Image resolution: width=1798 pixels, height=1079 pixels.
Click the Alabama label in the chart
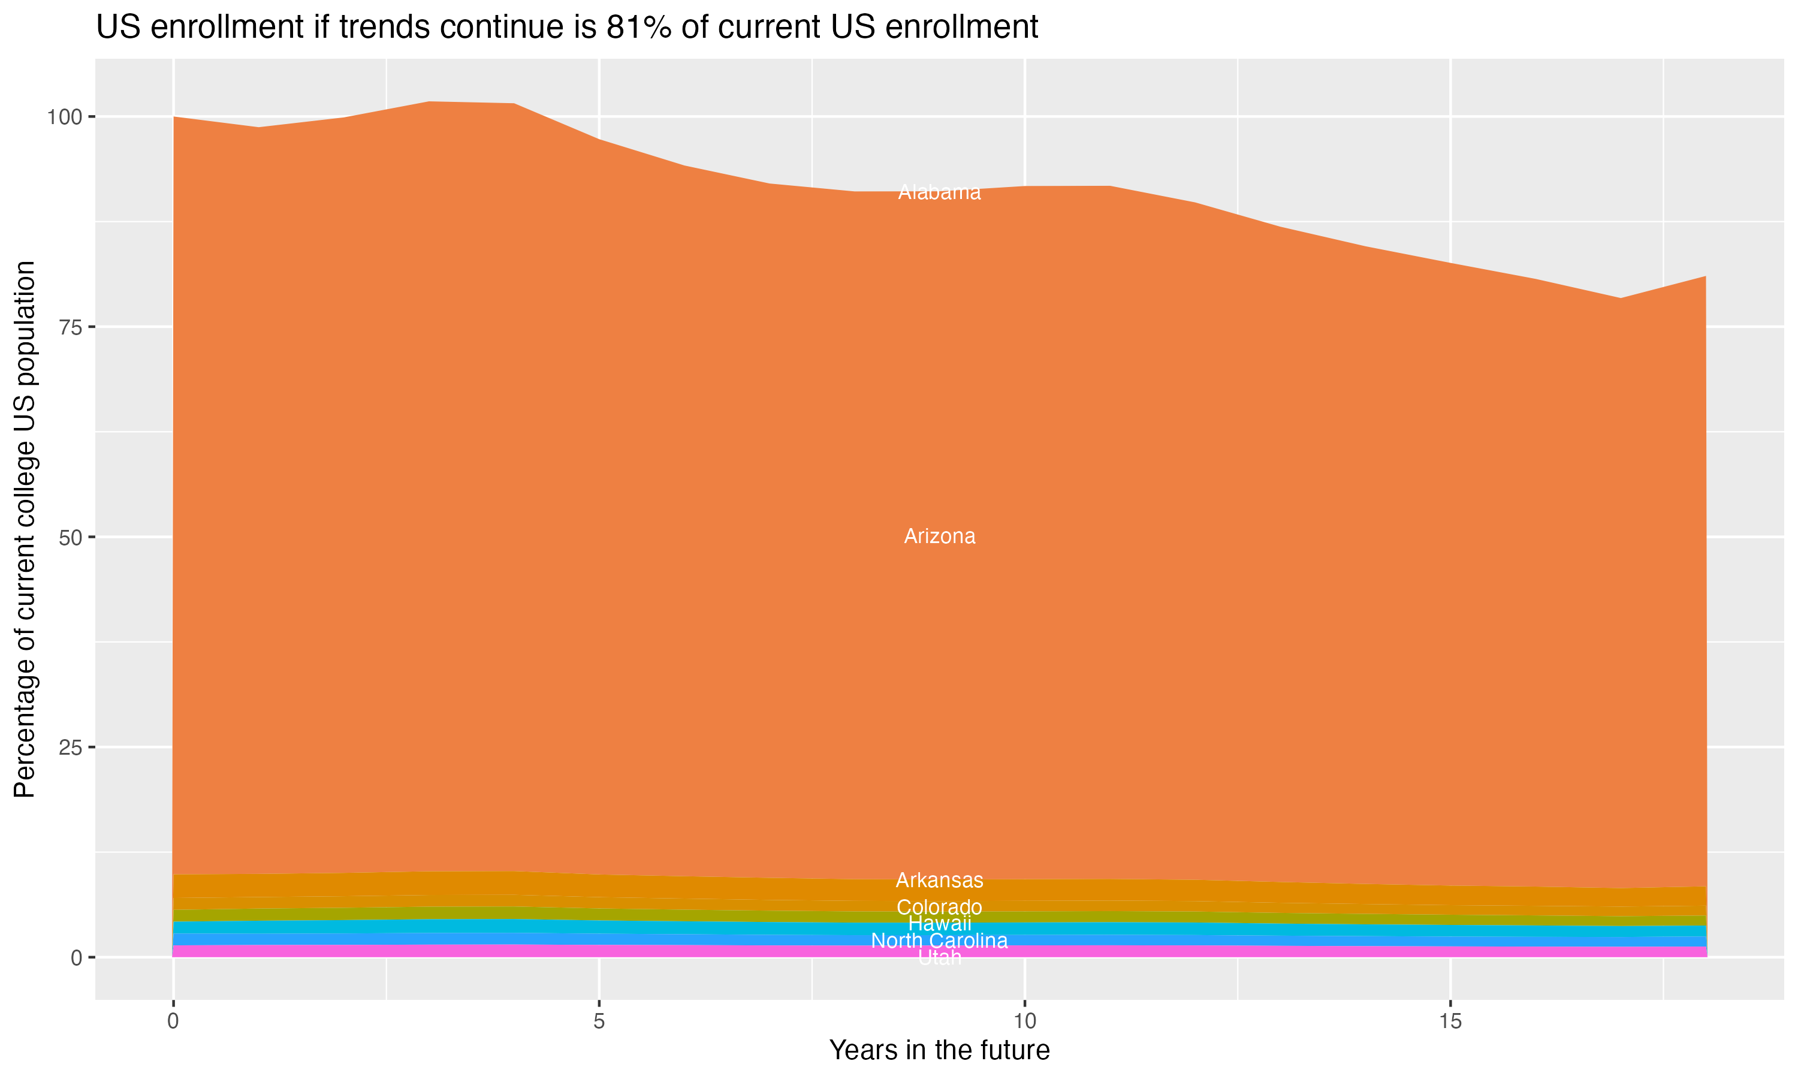coord(939,192)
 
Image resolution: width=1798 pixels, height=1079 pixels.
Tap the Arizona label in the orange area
coord(939,537)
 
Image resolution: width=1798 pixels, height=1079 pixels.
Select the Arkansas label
coord(939,881)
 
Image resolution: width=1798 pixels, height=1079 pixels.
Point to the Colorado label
coord(939,908)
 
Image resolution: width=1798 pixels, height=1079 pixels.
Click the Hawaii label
coord(939,924)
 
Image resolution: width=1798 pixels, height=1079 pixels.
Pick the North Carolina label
coord(939,941)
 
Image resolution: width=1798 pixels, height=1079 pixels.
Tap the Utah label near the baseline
coord(939,959)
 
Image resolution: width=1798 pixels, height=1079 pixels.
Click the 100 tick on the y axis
coord(66,116)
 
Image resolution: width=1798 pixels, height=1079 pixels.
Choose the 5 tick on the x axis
coord(599,1021)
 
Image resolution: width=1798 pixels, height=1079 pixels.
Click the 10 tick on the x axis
coord(1024,1021)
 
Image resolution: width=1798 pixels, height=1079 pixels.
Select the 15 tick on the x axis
coord(1450,1021)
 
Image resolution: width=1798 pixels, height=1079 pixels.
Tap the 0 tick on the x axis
coord(173,1021)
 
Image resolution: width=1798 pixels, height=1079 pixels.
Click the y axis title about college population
coord(25,529)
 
